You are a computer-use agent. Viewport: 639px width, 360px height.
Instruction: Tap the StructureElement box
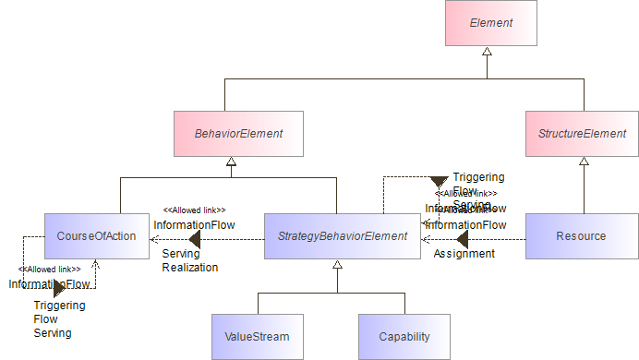[x=582, y=134]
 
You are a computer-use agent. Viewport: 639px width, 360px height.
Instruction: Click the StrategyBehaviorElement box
[x=343, y=236]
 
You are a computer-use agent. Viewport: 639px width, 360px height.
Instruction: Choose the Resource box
[x=581, y=236]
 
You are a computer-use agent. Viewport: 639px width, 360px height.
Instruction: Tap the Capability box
[x=404, y=337]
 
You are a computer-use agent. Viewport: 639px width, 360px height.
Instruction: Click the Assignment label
[x=464, y=254]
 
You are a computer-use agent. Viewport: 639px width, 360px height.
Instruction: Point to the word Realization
[x=190, y=268]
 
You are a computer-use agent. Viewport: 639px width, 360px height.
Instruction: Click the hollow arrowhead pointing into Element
[x=486, y=53]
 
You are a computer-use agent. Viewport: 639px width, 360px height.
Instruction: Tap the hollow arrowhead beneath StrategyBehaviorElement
[x=337, y=265]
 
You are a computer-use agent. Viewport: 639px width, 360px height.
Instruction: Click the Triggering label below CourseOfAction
[x=59, y=306]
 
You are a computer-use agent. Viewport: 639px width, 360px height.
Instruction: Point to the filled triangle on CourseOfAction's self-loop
[x=58, y=288]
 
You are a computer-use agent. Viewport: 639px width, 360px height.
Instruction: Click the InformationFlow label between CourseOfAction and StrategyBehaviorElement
[x=194, y=224]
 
